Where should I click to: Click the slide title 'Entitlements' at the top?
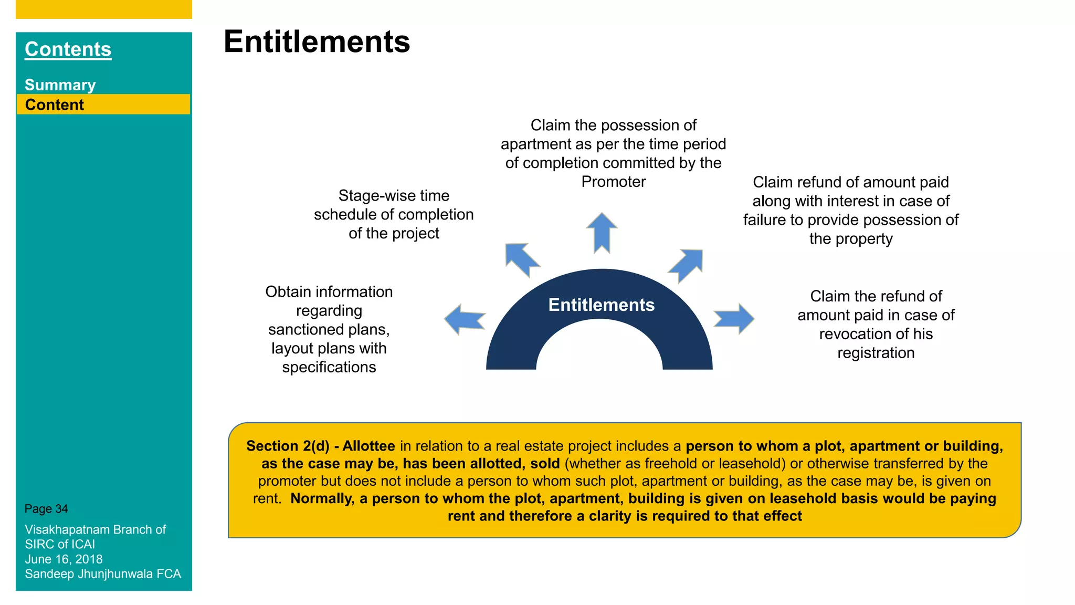pyautogui.click(x=317, y=41)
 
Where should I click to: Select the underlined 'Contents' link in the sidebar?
pyautogui.click(x=68, y=49)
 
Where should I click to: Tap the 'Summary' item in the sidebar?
pyautogui.click(x=60, y=85)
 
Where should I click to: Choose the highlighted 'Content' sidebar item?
pyautogui.click(x=55, y=105)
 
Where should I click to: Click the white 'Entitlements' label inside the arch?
pyautogui.click(x=602, y=305)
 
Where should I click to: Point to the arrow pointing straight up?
pyautogui.click(x=602, y=233)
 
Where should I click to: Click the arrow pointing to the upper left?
pyautogui.click(x=522, y=260)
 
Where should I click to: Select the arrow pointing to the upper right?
pyautogui.click(x=686, y=266)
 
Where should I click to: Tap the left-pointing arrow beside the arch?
pyautogui.click(x=465, y=319)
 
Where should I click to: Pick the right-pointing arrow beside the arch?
pyautogui.click(x=734, y=319)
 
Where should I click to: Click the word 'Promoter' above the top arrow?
pyautogui.click(x=614, y=182)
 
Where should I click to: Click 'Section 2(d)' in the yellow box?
pyautogui.click(x=288, y=446)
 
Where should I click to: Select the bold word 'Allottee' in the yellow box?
pyautogui.click(x=369, y=446)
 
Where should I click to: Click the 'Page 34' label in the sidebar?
pyautogui.click(x=46, y=509)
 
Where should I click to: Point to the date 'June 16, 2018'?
pyautogui.click(x=64, y=559)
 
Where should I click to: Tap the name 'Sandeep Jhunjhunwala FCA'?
pyautogui.click(x=103, y=574)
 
